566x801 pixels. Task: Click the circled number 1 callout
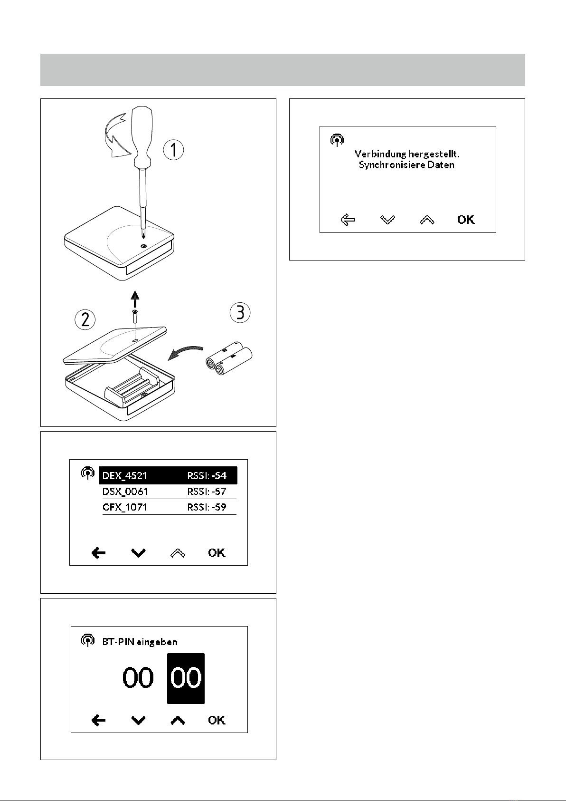(x=173, y=150)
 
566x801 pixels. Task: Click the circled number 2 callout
(x=85, y=319)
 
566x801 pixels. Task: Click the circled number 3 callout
(x=240, y=312)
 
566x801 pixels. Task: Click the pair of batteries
(x=229, y=358)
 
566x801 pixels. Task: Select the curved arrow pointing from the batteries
(x=185, y=352)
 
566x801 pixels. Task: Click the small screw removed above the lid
(x=135, y=317)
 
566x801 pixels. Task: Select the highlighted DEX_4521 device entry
(x=168, y=475)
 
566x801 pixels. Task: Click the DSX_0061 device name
(x=125, y=492)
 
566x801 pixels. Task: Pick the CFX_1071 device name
(x=124, y=507)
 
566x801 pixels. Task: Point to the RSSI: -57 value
(x=207, y=492)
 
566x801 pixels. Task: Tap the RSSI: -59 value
(x=207, y=507)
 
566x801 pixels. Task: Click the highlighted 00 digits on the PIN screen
(x=186, y=678)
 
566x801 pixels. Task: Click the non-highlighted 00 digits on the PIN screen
(x=138, y=678)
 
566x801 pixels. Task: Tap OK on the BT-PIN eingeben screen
(x=217, y=720)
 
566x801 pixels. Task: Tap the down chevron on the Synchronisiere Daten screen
(x=387, y=220)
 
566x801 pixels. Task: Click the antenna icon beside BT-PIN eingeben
(x=87, y=640)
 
